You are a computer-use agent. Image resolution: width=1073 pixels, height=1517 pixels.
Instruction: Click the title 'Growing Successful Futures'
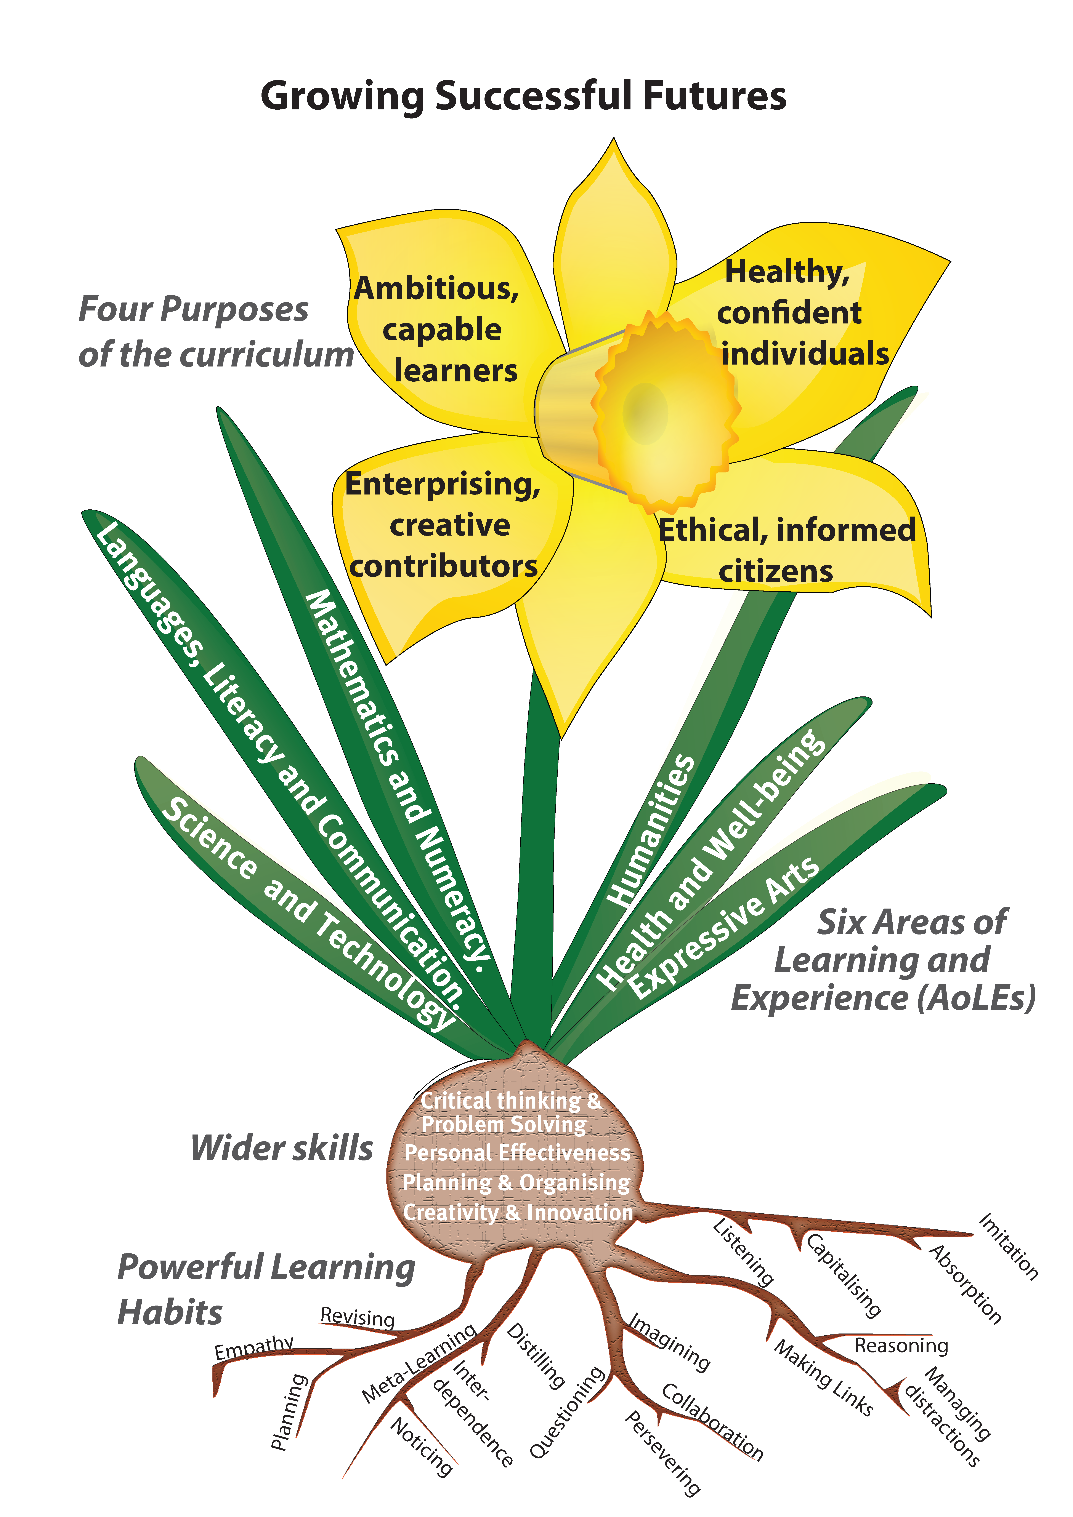click(x=523, y=96)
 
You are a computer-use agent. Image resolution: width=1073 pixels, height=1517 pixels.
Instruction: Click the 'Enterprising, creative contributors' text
click(x=443, y=525)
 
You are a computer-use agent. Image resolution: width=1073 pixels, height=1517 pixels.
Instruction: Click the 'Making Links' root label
click(x=823, y=1378)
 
